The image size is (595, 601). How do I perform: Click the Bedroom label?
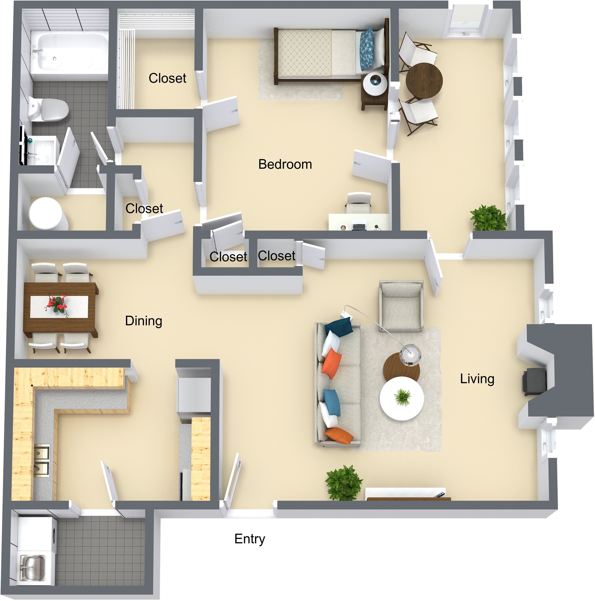pyautogui.click(x=285, y=164)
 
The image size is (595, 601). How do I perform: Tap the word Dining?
pyautogui.click(x=144, y=321)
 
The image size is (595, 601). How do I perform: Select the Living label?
pyautogui.click(x=477, y=379)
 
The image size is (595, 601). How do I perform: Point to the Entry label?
pyautogui.click(x=250, y=539)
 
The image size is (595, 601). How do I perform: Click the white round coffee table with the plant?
pyautogui.click(x=402, y=399)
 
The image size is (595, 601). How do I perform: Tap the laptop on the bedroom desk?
pyautogui.click(x=359, y=226)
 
